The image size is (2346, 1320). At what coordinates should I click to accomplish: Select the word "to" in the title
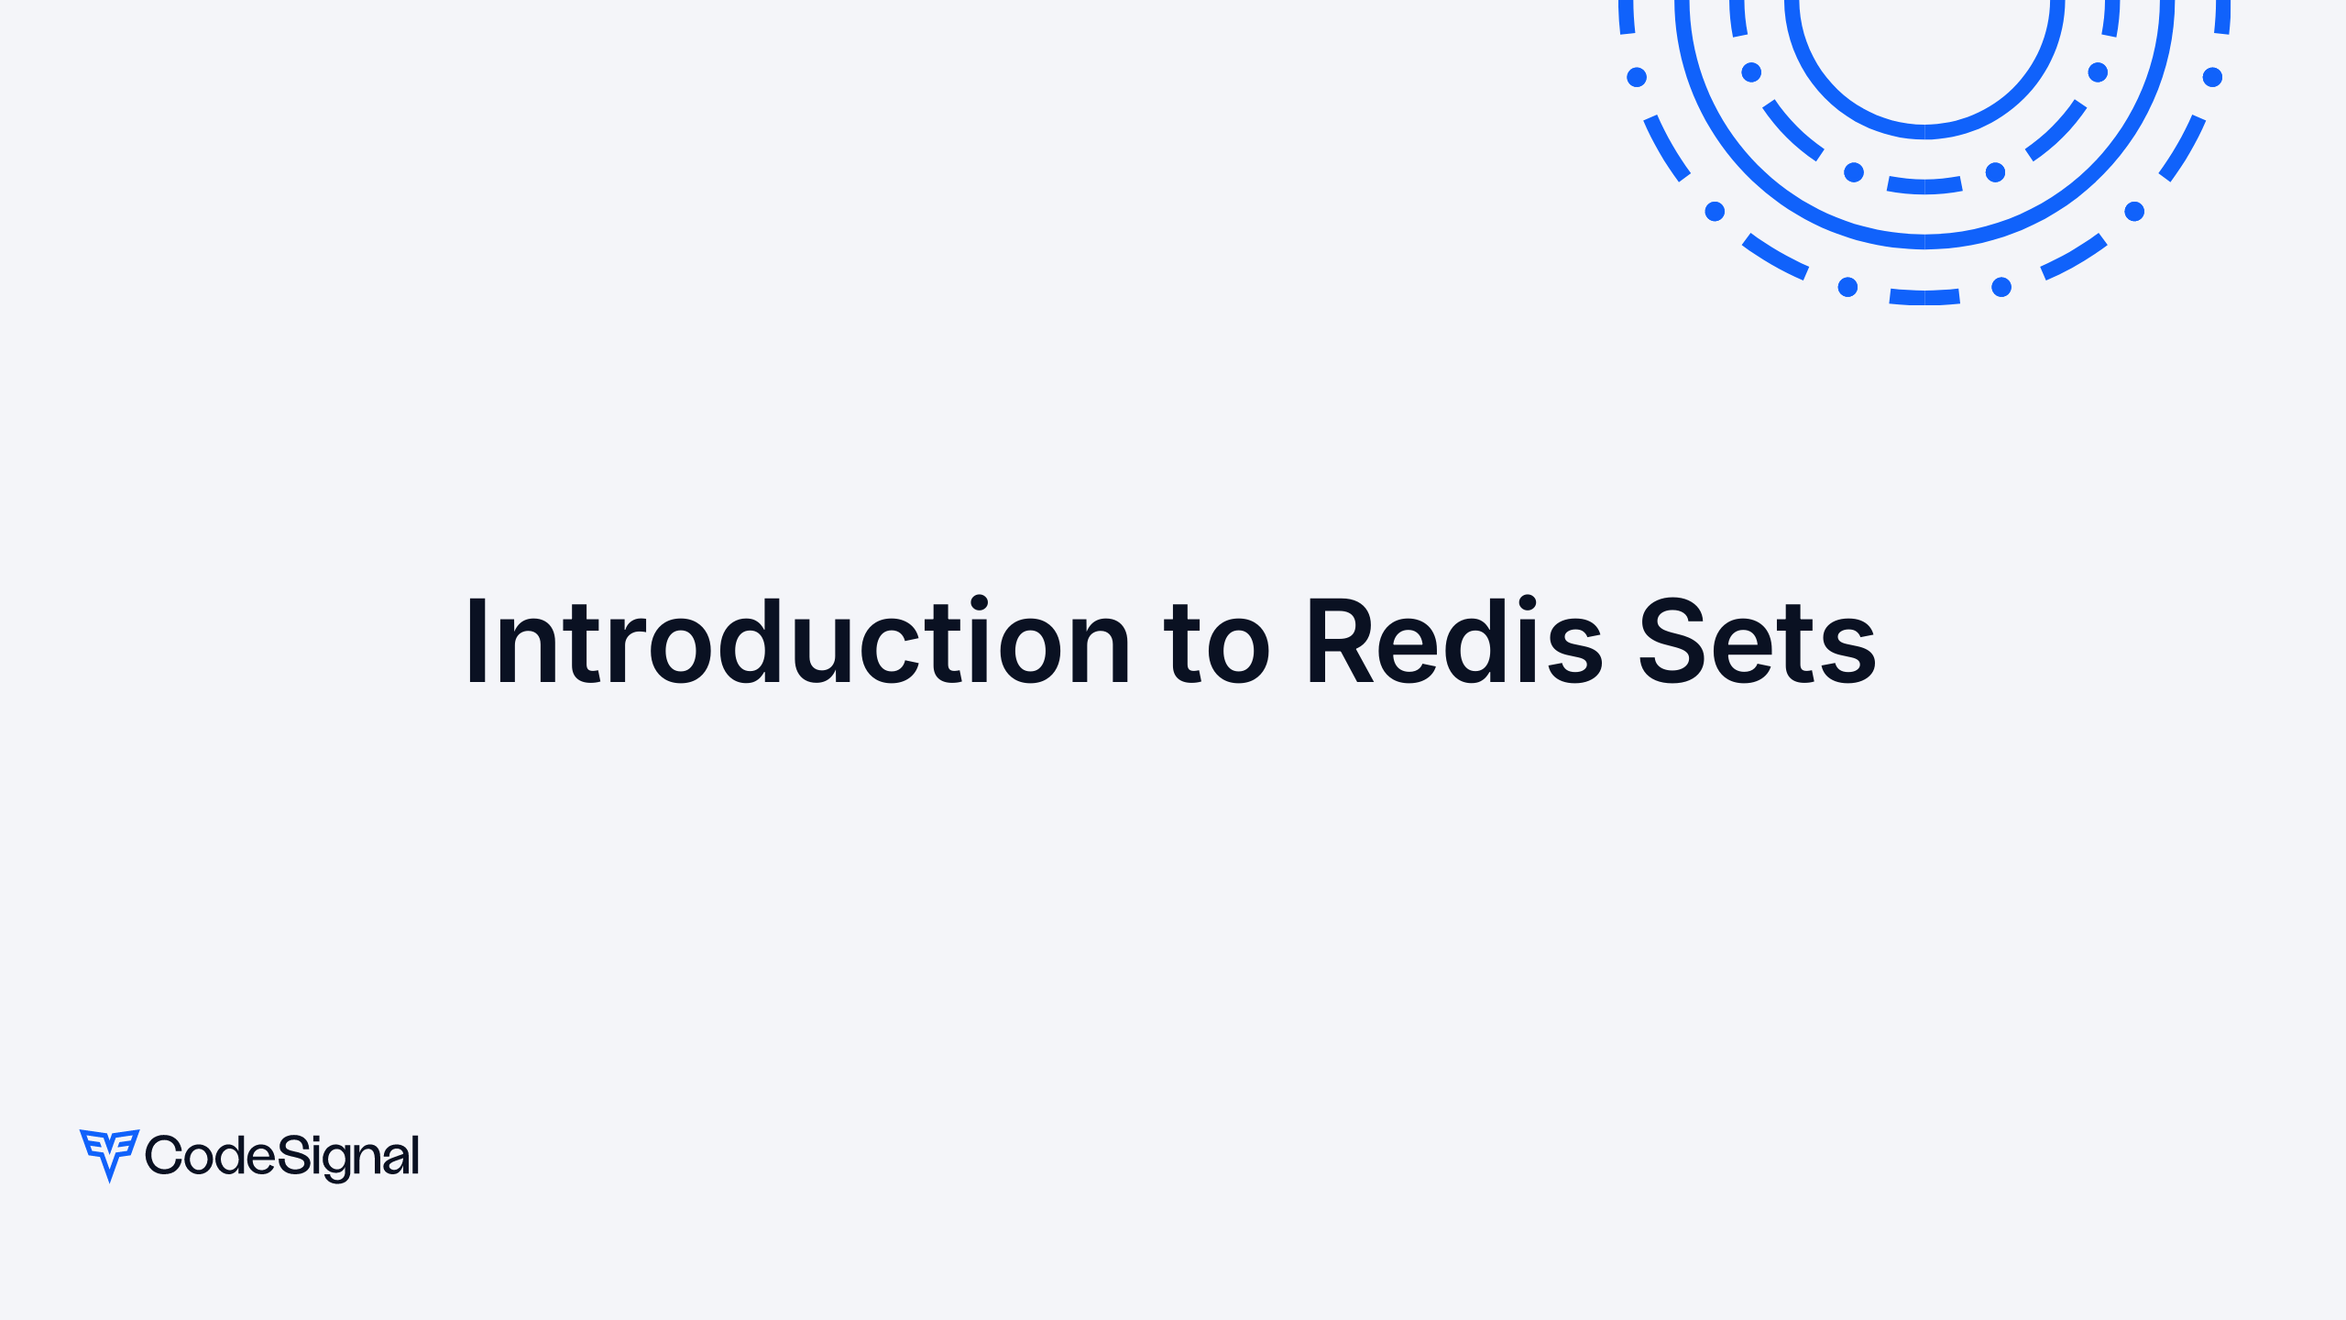(x=1216, y=643)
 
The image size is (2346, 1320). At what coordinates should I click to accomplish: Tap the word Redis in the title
(x=1453, y=642)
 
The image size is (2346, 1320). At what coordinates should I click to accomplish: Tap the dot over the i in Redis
(x=1527, y=603)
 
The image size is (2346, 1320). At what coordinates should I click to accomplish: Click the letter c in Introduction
(x=890, y=653)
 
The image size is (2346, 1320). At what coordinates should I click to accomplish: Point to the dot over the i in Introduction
(x=979, y=603)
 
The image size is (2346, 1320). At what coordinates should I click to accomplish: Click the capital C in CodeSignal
(x=162, y=1156)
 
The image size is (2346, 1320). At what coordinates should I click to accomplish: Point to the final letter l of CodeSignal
(x=415, y=1154)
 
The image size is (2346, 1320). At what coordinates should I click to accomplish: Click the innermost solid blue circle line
(x=1924, y=132)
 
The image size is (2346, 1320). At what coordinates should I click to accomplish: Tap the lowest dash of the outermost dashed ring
(x=1924, y=297)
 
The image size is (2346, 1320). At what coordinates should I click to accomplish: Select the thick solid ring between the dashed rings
(x=1924, y=241)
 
